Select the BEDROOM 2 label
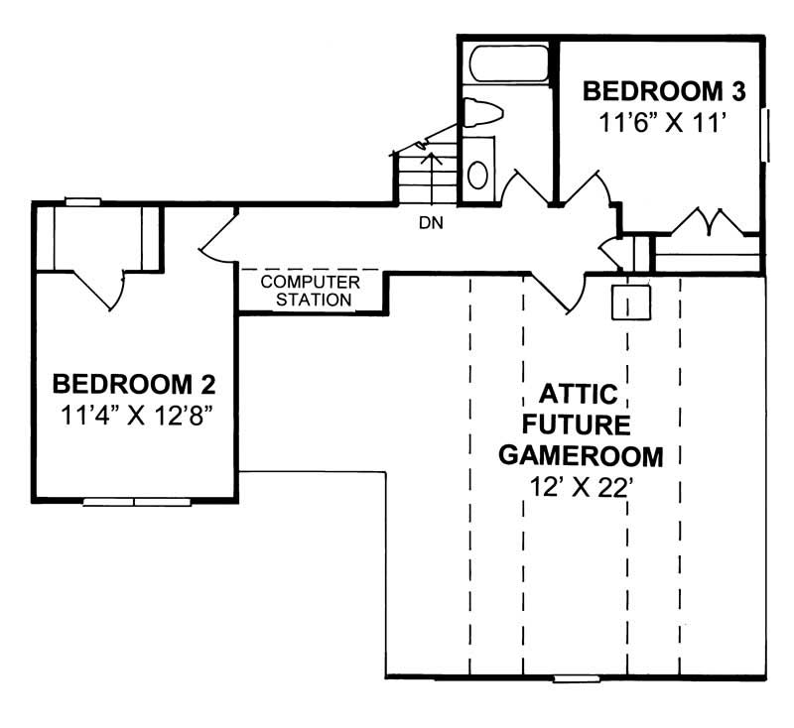click(135, 383)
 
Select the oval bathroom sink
click(478, 175)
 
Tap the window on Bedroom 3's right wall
click(765, 135)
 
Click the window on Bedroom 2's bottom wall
click(136, 502)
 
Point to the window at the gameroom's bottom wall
click(574, 679)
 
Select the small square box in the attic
click(630, 303)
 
